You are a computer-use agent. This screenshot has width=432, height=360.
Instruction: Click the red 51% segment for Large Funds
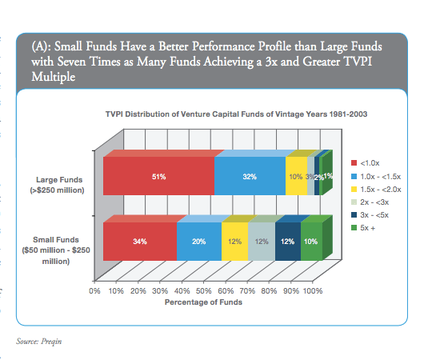tap(158, 176)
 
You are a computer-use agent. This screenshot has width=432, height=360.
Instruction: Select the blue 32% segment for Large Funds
tap(250, 176)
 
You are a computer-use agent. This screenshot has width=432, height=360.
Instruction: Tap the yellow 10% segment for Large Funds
tap(296, 176)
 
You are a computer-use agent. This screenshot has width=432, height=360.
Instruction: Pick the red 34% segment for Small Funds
tap(140, 242)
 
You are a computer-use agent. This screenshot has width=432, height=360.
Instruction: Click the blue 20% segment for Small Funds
tap(199, 242)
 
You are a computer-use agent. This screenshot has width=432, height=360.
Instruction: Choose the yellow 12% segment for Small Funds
tap(234, 242)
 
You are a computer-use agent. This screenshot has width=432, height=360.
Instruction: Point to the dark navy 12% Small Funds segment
tap(288, 242)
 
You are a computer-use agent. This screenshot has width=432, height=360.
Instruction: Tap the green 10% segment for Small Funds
tap(311, 242)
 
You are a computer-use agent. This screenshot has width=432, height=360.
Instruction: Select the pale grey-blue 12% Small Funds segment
tap(262, 242)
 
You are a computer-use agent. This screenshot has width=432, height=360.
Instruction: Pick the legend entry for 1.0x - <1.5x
tap(376, 177)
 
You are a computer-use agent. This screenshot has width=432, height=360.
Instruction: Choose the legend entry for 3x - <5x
tap(370, 215)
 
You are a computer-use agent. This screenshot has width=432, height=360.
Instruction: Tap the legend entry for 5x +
tap(363, 228)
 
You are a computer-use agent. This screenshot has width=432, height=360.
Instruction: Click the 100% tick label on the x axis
tap(313, 291)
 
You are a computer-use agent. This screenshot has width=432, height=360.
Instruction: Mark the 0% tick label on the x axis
tap(94, 291)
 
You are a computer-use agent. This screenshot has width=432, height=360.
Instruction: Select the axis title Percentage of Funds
tap(203, 302)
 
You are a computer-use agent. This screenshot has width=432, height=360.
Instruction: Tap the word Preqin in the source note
tap(51, 342)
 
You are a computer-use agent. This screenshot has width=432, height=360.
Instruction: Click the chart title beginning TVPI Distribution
tap(236, 114)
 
